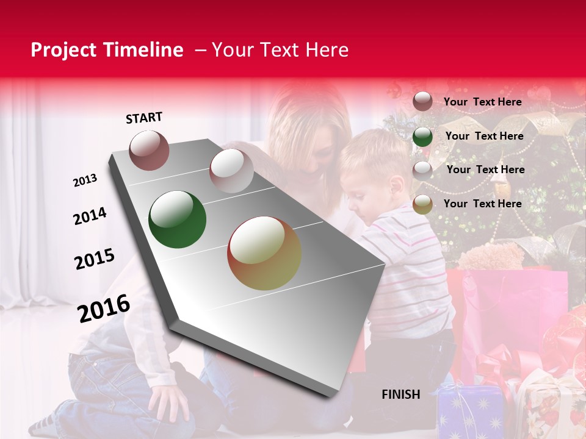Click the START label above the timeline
(144, 118)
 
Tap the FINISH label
(400, 394)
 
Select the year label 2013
(85, 180)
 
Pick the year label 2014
(90, 216)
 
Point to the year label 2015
(95, 259)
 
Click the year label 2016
(104, 308)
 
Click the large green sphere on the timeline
(178, 220)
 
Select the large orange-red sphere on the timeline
(264, 253)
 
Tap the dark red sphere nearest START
(150, 150)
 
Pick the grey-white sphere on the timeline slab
(231, 171)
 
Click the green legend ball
(422, 137)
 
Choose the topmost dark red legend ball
(422, 102)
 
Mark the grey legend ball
(422, 170)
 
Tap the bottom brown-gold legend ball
(422, 204)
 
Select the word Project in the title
(62, 50)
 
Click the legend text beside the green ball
(484, 136)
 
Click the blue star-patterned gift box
(470, 412)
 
